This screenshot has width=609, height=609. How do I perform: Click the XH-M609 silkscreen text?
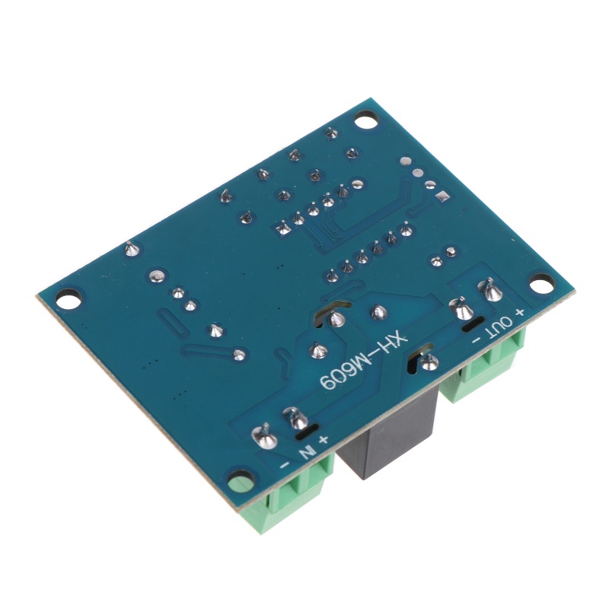click(x=363, y=362)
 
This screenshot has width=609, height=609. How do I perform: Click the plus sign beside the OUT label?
click(x=520, y=311)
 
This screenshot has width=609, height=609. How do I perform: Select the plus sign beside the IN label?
click(x=324, y=439)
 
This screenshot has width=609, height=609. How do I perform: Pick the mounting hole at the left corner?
click(x=69, y=298)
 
